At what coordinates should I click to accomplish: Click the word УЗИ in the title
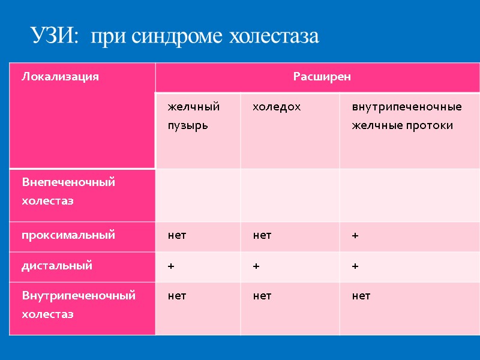[x=54, y=37]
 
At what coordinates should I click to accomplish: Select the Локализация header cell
[x=60, y=77]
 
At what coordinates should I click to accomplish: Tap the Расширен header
[x=322, y=77]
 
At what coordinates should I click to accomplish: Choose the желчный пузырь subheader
[x=193, y=116]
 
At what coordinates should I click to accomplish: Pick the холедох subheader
[x=276, y=107]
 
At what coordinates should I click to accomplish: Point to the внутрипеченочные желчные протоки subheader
[x=406, y=116]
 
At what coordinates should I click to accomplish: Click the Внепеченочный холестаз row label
[x=68, y=191]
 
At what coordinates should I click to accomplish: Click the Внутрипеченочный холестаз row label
[x=78, y=305]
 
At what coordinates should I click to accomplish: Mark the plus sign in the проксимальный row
[x=355, y=236]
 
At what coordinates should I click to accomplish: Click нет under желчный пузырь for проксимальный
[x=177, y=236]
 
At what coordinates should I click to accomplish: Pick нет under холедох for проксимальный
[x=262, y=236]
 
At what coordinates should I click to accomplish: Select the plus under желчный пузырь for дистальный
[x=171, y=266]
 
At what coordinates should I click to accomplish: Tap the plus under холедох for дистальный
[x=256, y=266]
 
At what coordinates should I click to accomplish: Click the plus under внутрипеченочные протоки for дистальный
[x=355, y=266]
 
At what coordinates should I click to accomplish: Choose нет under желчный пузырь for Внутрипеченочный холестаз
[x=177, y=296]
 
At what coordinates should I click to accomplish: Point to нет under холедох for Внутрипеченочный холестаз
[x=262, y=296]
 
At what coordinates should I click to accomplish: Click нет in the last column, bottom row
[x=361, y=296]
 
